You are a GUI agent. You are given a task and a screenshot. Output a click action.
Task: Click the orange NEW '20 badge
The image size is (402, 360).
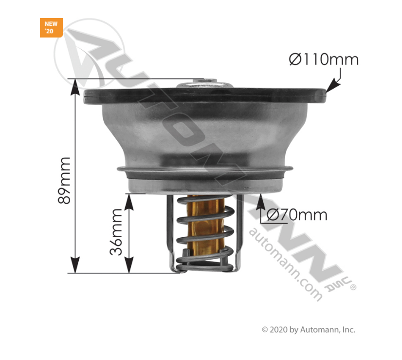pos(51,27)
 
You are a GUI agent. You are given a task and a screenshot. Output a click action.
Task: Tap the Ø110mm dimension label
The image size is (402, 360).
pos(323,60)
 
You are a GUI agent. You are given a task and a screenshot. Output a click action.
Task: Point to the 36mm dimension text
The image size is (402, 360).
pos(116,232)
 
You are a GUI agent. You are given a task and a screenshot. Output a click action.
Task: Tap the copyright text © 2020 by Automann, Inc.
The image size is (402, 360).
pos(309,330)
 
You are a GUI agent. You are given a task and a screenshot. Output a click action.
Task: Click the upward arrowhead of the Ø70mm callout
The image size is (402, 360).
pos(261,199)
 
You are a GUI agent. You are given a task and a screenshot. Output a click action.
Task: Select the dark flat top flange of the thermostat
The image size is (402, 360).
pos(204,95)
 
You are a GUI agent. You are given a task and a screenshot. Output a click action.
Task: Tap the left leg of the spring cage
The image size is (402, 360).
pos(170,229)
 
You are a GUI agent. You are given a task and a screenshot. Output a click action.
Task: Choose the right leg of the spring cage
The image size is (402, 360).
pos(238,229)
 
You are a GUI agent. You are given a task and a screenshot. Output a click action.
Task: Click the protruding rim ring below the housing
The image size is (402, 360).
pos(204,171)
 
